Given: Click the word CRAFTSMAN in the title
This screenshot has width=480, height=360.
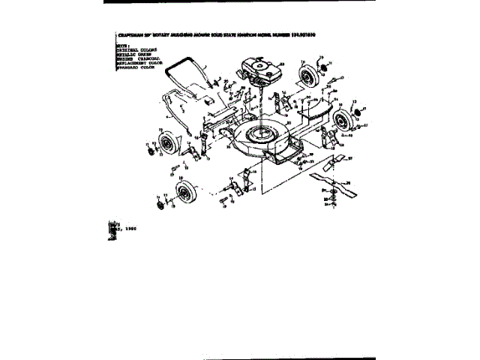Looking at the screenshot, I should [x=132, y=34].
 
